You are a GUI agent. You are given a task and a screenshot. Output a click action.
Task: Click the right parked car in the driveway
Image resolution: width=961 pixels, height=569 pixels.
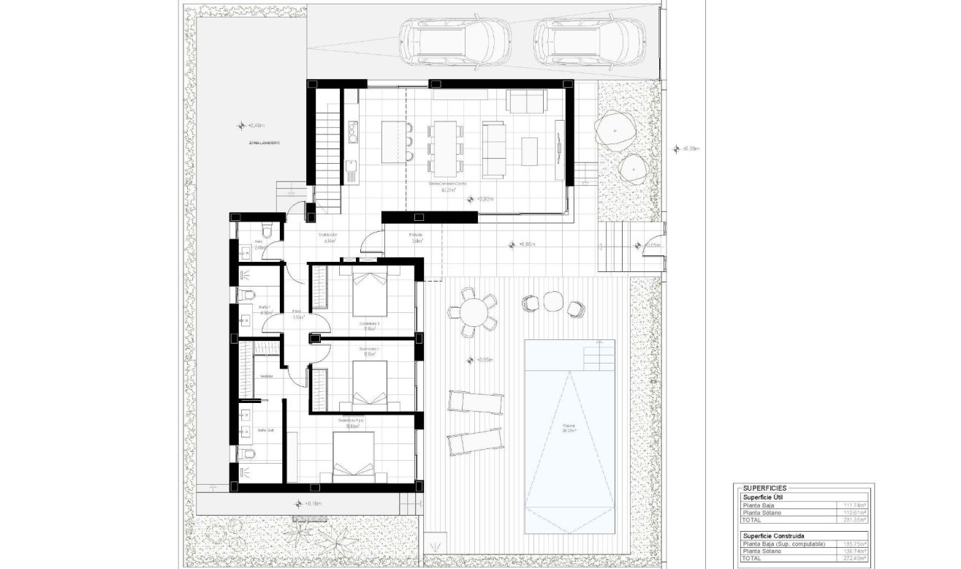coord(589,39)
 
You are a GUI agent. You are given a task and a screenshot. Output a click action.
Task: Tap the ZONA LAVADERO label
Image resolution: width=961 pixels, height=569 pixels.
coord(264,143)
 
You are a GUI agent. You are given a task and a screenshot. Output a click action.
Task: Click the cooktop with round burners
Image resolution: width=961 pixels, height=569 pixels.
coord(353,132)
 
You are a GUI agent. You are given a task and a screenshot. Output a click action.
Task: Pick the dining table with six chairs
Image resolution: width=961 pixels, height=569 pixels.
coord(444,140)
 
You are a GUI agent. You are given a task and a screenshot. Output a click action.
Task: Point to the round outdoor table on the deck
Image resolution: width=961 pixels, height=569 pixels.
coord(473,313)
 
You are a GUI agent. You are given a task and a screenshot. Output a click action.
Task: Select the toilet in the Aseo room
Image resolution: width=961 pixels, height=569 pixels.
coord(268,232)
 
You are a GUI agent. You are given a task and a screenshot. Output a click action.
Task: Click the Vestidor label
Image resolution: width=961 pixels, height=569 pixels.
coord(267,376)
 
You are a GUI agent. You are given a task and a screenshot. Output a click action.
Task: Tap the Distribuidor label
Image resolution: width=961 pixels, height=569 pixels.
coord(326,235)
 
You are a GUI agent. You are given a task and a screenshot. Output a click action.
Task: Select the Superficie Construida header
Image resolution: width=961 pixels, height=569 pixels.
coord(774,535)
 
